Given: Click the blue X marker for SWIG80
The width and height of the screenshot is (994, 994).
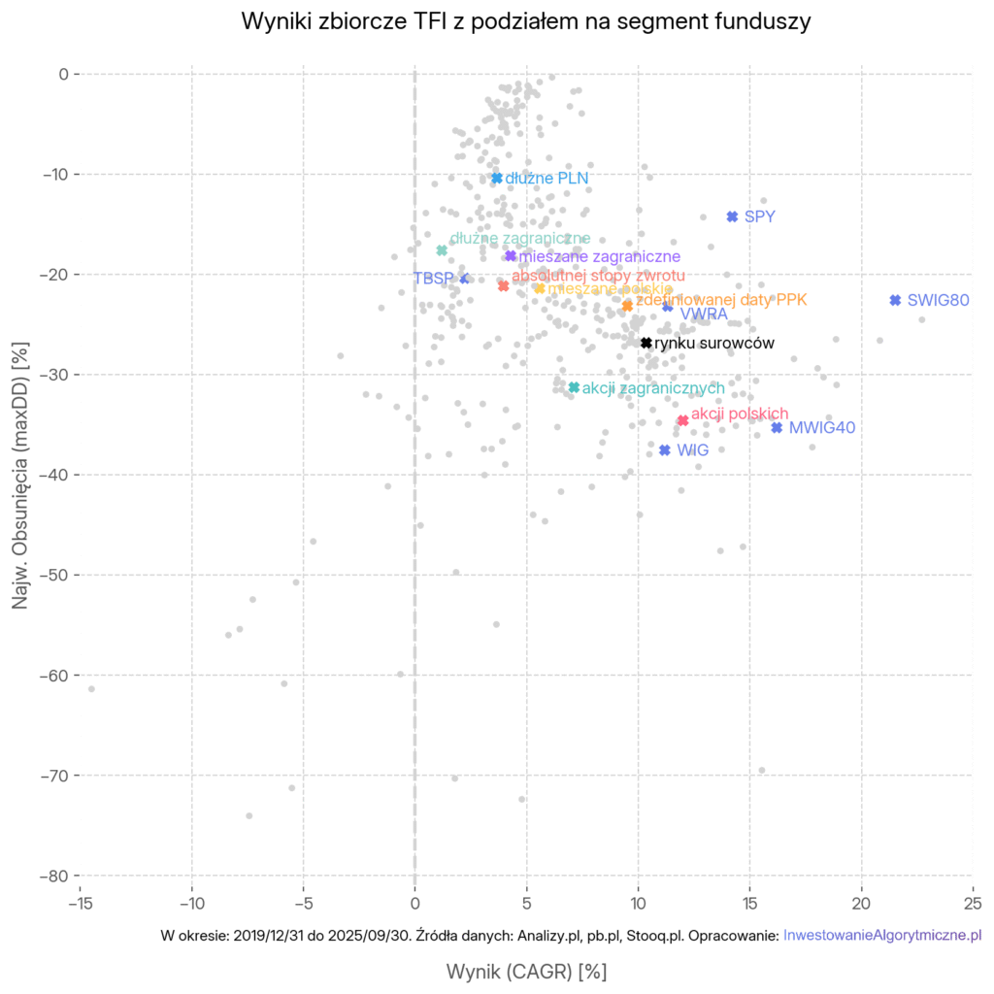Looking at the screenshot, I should (895, 300).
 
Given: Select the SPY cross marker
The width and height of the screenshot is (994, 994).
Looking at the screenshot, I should (732, 216).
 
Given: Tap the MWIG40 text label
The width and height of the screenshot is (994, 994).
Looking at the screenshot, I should (821, 428).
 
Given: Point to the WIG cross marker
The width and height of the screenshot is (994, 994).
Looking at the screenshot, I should (665, 450).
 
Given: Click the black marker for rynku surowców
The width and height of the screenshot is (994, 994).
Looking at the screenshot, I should (646, 343).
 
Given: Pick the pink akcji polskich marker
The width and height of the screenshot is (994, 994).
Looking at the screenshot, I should (682, 420).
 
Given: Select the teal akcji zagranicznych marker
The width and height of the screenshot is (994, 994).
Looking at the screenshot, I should (574, 387).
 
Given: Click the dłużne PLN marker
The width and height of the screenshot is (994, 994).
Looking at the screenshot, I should (497, 178).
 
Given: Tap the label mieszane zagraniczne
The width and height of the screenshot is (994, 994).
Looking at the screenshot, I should (599, 257).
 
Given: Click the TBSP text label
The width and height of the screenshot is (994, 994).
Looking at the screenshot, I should (433, 279).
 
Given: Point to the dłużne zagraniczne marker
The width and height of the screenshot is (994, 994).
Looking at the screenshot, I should (442, 250).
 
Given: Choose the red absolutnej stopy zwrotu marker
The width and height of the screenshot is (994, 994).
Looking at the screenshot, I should (503, 286).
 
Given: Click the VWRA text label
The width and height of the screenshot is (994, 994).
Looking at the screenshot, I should (704, 315).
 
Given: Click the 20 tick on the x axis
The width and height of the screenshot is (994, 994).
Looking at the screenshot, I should (861, 903).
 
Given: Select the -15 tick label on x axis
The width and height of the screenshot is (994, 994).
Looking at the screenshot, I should (80, 903).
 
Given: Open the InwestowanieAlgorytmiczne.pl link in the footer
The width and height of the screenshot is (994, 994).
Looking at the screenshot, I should (881, 936).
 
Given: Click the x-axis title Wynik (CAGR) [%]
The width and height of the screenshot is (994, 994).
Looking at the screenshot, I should (525, 971).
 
